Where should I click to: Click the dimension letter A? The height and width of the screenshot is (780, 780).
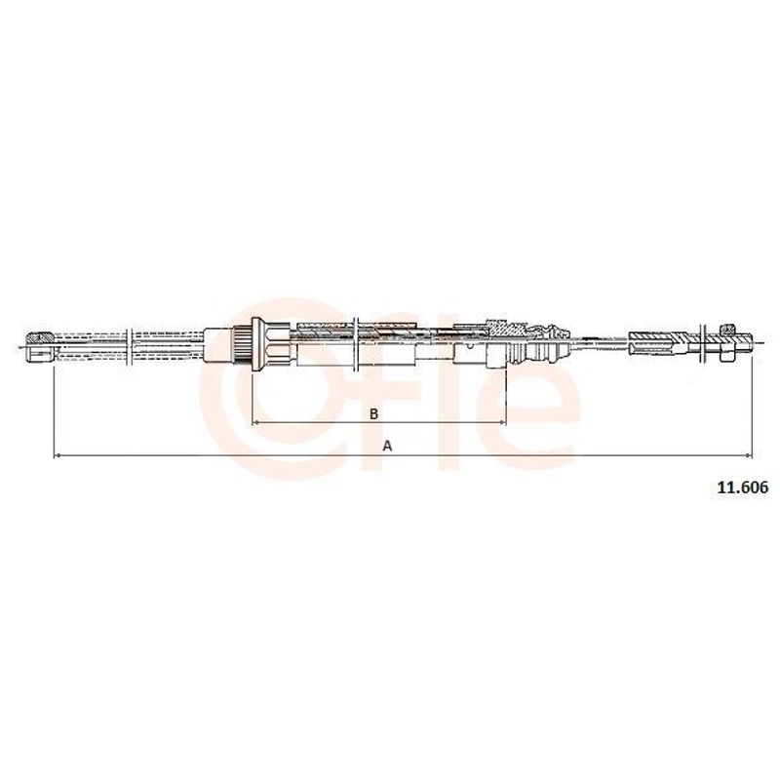click(387, 447)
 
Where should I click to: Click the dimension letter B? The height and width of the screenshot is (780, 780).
click(374, 413)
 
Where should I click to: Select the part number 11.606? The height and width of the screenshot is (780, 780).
click(743, 487)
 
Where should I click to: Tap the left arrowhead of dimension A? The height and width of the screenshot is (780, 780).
click(57, 455)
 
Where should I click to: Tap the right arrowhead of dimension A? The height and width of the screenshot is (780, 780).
click(749, 455)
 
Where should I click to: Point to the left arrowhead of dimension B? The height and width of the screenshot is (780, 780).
click(255, 422)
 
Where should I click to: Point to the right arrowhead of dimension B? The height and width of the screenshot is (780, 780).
click(502, 422)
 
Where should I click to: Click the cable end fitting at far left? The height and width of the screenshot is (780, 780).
click(40, 346)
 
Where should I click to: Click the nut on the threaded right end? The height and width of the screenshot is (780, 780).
click(727, 342)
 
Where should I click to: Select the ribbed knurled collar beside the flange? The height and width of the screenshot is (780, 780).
click(243, 344)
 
